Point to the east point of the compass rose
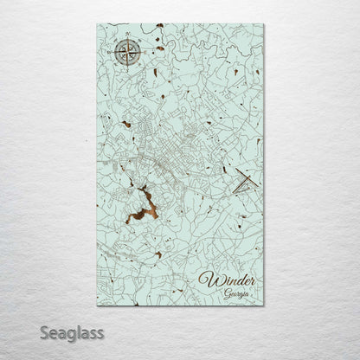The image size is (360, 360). [x=144, y=52]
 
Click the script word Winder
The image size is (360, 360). [x=227, y=279]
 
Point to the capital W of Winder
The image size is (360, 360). [x=208, y=279]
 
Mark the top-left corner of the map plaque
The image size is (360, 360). [x=97, y=24]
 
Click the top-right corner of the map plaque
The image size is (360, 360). [x=264, y=24]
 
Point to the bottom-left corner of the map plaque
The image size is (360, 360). [x=97, y=305]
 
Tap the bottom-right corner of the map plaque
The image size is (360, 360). [x=264, y=305]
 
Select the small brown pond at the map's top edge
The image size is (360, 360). [x=160, y=26]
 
